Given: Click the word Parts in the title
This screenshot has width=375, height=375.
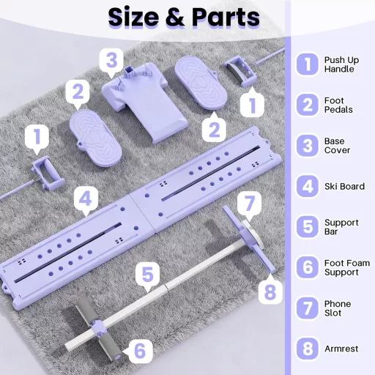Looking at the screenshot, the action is coord(226,17).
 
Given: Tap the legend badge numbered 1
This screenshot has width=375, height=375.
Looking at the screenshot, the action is coord(308,64).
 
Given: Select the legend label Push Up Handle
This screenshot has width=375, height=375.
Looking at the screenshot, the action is coord(341,64).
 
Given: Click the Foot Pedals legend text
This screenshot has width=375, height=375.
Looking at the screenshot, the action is coord(338,105).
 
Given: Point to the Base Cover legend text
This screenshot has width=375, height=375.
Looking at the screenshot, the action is coord(337,146).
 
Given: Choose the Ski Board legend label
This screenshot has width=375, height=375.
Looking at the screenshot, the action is coord(344,186).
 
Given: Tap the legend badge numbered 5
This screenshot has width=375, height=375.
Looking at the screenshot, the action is coord(308,226).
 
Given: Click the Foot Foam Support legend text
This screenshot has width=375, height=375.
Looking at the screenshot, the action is coord(346,267).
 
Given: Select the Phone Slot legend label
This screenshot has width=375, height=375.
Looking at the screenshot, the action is coord(338,308).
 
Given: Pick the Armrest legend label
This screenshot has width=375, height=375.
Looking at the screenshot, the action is coord(341,349).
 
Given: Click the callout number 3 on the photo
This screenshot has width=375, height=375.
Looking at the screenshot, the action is coord(111,60).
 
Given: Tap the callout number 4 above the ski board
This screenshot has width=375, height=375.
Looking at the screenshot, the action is coord(86,198).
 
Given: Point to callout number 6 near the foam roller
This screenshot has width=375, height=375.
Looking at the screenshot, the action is coord(139,351).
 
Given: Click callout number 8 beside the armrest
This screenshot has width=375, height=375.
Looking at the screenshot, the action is coord(270,292).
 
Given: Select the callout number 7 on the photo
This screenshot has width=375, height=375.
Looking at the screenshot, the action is coord(249,203).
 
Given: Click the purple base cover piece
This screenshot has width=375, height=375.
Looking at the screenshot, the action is coord(144,100).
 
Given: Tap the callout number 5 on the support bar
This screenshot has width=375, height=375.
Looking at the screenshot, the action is coord(147,275).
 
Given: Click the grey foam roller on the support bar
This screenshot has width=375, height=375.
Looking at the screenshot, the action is coord(98,327).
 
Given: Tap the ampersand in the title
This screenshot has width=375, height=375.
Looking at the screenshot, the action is coord(175,17).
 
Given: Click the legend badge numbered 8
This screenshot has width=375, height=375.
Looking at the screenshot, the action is coord(308,349).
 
